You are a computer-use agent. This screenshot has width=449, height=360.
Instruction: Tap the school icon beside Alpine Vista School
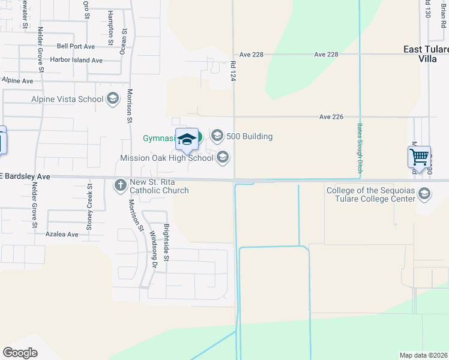point(112,99)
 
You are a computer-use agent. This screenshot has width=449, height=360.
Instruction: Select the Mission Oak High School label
point(166,158)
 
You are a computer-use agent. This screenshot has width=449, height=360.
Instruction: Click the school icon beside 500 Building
point(217,136)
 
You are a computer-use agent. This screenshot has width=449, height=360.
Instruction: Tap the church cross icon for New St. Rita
point(120,185)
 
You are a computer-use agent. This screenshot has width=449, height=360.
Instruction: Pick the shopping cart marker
point(419,157)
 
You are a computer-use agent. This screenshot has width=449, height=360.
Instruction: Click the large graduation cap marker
point(187,140)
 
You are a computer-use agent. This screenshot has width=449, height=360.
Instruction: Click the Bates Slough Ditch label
point(360,148)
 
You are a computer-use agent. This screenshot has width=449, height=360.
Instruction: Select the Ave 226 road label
point(331,116)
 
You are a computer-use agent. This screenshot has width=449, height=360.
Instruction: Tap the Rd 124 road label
point(233,70)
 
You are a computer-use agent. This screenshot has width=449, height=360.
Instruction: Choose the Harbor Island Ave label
point(76,60)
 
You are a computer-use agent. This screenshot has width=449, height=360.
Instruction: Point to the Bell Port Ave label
point(76,46)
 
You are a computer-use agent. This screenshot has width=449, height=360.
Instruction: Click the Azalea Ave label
point(62,234)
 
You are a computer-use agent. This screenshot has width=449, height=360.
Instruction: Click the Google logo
point(20,353)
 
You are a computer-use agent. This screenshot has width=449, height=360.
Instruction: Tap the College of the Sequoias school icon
point(425,193)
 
